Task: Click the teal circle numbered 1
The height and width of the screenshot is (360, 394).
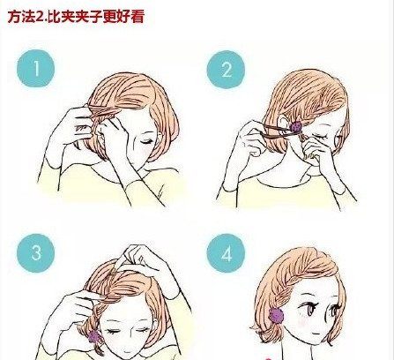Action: pos(36,68)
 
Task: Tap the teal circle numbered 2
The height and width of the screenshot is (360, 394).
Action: pos(226,70)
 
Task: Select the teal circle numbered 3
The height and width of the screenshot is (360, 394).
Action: pos(36,253)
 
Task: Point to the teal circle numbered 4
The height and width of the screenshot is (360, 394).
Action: pos(226,253)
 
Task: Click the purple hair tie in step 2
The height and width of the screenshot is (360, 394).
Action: pos(296,127)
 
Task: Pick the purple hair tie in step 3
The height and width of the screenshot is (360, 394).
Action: pos(94,336)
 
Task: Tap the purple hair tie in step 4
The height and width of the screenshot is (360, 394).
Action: pos(276,315)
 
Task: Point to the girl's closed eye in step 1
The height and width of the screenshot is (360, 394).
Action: pos(148,142)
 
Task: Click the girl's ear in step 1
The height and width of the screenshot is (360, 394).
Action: pos(100,131)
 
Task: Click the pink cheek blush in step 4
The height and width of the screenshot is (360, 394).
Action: pos(302,322)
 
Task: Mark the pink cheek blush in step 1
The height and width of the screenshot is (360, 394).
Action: pos(147,153)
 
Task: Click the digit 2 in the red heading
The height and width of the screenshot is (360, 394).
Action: pos(40,17)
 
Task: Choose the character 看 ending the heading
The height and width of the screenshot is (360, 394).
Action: pos(138,17)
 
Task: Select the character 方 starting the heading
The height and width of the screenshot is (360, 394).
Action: pos(14,17)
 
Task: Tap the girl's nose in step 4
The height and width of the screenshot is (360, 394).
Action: pos(324,319)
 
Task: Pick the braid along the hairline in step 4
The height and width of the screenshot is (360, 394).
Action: pos(282,282)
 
